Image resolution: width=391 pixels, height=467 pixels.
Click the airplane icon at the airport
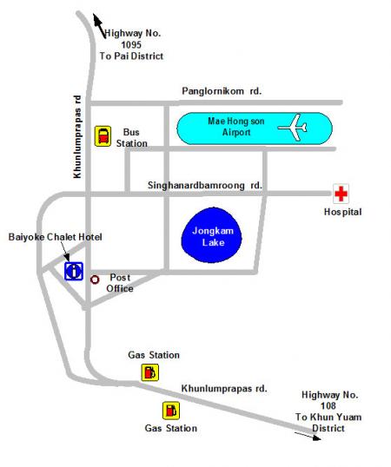coord(294,128)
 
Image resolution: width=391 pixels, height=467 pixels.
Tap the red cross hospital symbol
coord(341,194)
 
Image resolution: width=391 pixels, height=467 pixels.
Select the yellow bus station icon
coord(103,136)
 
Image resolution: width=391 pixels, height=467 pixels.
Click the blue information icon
coord(74,271)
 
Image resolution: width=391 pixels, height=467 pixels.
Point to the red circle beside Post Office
coord(95,280)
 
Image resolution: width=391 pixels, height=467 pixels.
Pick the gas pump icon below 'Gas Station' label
coord(150,372)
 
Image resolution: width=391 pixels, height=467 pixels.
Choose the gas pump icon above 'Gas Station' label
coord(171,411)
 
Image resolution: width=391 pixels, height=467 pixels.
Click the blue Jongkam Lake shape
coord(212,235)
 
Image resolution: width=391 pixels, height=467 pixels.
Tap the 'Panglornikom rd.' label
coord(222,91)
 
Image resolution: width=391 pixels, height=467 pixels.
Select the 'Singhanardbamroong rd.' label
coord(205,185)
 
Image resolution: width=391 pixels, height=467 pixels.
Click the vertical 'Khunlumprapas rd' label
coord(77,136)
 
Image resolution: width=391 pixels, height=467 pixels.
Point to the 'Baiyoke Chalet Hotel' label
coord(55,237)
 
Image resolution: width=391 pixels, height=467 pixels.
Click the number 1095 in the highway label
coord(131,44)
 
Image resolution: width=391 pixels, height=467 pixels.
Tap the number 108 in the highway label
coord(328,405)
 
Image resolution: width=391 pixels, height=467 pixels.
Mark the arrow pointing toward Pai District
coord(99,26)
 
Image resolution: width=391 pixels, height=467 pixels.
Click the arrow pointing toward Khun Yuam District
coord(308,436)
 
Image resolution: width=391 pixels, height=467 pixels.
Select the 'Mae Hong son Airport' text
coord(236,127)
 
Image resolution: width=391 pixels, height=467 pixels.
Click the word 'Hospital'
coord(342,212)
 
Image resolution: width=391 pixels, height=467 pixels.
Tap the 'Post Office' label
coord(120,283)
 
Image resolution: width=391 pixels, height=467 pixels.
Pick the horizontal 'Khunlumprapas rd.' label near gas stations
coord(224,389)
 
